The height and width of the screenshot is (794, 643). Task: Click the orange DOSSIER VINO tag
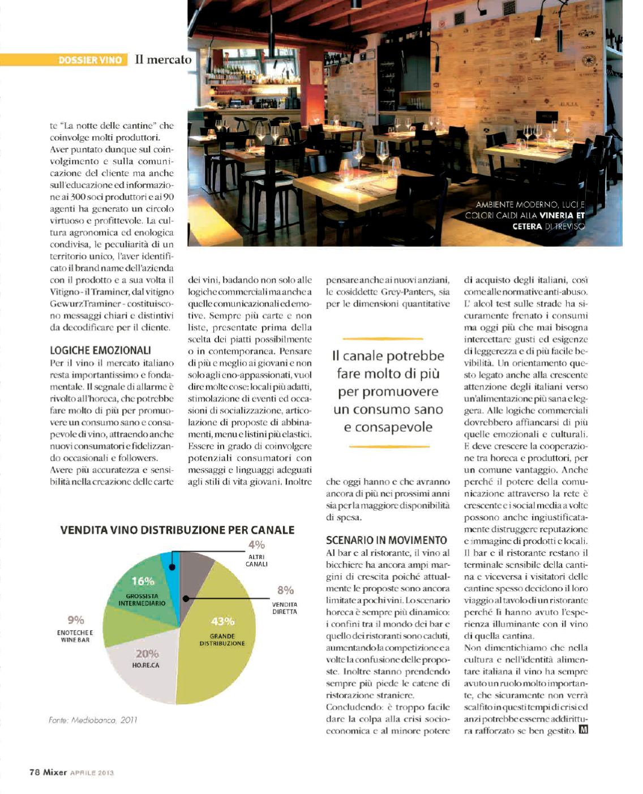point(90,59)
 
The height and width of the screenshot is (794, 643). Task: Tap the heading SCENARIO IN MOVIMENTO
point(387,540)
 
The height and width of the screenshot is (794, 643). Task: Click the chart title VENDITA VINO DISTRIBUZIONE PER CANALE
point(177,530)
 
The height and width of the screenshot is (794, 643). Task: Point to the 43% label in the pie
point(222,621)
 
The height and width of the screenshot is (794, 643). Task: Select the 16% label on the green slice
point(143,581)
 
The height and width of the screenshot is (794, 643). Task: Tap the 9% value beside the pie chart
point(75,620)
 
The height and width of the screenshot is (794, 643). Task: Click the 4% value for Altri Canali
point(256,545)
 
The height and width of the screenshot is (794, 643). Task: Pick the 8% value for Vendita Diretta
point(285,590)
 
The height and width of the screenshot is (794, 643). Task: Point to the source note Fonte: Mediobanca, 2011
point(93,720)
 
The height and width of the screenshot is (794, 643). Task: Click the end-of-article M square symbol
point(584,730)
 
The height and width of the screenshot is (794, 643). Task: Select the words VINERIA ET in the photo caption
point(562,215)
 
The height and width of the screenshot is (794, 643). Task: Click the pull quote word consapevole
point(388,427)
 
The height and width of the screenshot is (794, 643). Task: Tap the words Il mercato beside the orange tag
point(163,59)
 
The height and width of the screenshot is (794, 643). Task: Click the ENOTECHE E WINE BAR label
point(75,636)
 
